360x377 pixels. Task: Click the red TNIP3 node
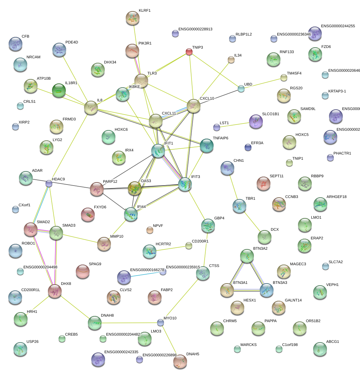[x=189, y=52]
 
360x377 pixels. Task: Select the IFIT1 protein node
[x=158, y=151]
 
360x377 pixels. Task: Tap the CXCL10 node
[x=194, y=106]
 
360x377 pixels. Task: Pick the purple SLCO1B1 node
[x=256, y=121]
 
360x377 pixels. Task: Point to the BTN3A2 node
[x=247, y=256]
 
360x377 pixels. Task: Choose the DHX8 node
[x=55, y=291]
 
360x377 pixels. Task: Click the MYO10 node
[x=160, y=323]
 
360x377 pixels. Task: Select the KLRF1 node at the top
[x=132, y=18]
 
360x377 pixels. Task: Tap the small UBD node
[x=241, y=89]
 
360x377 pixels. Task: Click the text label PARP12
[x=110, y=181]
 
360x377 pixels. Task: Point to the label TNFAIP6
[x=220, y=138]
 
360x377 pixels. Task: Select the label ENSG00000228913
[x=195, y=29]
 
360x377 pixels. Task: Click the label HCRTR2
[x=163, y=244]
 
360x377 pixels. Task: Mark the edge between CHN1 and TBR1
[x=234, y=187]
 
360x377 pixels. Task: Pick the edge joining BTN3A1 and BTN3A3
[x=247, y=290]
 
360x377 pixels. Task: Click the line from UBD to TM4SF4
[x=262, y=83]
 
